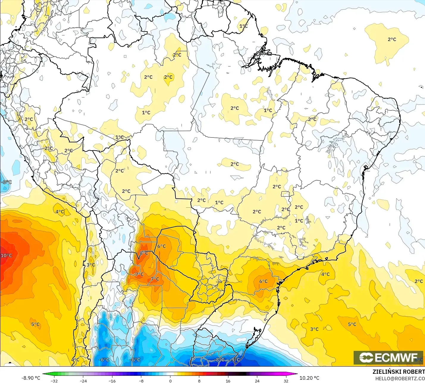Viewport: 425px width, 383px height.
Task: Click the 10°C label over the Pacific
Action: click(x=6, y=255)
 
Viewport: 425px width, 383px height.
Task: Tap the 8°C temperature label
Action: click(x=144, y=253)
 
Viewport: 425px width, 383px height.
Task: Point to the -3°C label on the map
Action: click(x=6, y=182)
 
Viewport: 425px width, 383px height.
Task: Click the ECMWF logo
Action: click(x=388, y=357)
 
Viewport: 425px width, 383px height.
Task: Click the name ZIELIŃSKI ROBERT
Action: click(x=399, y=372)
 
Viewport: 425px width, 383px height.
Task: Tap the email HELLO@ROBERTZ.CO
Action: click(x=400, y=379)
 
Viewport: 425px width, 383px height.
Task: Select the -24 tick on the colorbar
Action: click(x=83, y=381)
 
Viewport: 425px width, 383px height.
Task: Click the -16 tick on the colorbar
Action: click(x=112, y=381)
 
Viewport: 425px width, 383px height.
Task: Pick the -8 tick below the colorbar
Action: click(x=141, y=381)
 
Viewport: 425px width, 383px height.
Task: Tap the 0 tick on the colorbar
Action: click(x=170, y=381)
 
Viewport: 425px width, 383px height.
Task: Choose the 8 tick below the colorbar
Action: click(x=199, y=381)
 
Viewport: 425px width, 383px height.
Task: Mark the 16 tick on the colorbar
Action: click(x=228, y=381)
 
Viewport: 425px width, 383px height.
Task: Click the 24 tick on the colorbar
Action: click(x=257, y=381)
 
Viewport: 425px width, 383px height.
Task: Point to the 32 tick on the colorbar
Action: click(x=286, y=381)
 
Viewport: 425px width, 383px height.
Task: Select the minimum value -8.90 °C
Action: click(x=31, y=378)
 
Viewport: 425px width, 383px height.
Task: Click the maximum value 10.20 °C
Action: click(x=309, y=378)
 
